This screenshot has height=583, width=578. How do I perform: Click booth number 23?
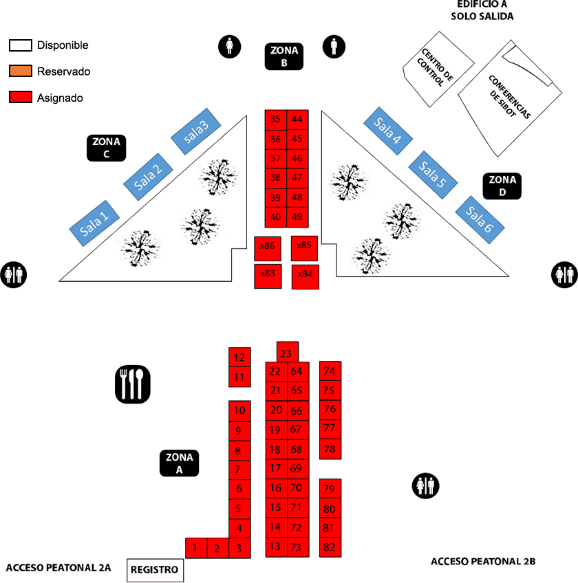(288, 352)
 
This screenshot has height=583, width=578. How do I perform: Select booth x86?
(268, 248)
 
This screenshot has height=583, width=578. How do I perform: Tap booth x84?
(306, 277)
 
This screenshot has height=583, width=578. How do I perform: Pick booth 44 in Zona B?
(297, 120)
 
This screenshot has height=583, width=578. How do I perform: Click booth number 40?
(276, 217)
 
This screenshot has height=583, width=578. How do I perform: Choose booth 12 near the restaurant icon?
(239, 357)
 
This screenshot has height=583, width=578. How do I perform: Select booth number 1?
(196, 548)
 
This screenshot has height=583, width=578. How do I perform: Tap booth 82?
(330, 547)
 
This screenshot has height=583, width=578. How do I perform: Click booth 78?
(330, 449)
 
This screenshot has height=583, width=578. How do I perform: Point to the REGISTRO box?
(155, 570)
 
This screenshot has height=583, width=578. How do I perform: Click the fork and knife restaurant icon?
(133, 384)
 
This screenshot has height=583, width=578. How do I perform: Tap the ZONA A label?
(179, 463)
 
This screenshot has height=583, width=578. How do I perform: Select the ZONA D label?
(502, 186)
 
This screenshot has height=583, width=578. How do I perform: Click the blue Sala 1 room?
(94, 223)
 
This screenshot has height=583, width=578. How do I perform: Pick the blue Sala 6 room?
(480, 220)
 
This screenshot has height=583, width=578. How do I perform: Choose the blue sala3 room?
(196, 131)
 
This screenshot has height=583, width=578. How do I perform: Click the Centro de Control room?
(438, 69)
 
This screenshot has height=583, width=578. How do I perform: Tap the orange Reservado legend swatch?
(21, 71)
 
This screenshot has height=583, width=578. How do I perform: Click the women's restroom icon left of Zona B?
(230, 47)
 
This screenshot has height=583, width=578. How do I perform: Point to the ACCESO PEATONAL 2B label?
(483, 562)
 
